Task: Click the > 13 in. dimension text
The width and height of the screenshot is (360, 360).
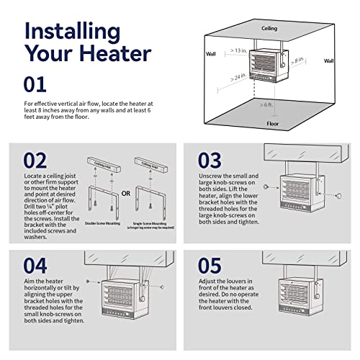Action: (234, 51)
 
